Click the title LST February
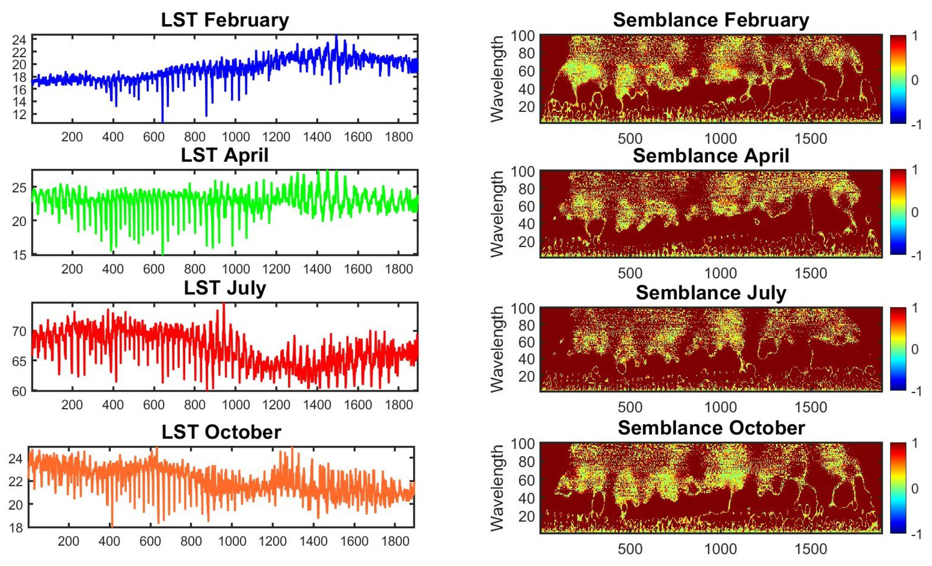(x=225, y=20)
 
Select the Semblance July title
(x=711, y=293)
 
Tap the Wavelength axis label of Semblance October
(x=497, y=488)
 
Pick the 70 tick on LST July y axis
(x=19, y=331)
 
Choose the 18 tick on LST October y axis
(x=16, y=528)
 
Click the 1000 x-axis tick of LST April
(x=235, y=269)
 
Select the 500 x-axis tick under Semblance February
(x=630, y=138)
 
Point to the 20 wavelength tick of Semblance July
(x=526, y=376)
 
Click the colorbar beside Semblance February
(x=898, y=79)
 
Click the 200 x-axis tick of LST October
(x=69, y=541)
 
